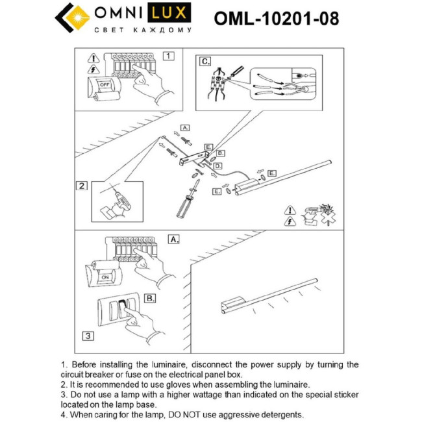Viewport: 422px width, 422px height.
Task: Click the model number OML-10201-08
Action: tap(276, 18)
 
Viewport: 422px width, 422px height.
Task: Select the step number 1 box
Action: tap(168, 56)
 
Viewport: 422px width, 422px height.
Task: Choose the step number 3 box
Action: tap(87, 336)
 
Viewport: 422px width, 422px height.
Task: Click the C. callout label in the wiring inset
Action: tap(205, 61)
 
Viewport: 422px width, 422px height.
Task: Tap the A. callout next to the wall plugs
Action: tap(184, 127)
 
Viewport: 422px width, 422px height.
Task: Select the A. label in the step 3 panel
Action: tap(173, 240)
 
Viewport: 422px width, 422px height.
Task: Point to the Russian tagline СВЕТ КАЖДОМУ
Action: tap(143, 30)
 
